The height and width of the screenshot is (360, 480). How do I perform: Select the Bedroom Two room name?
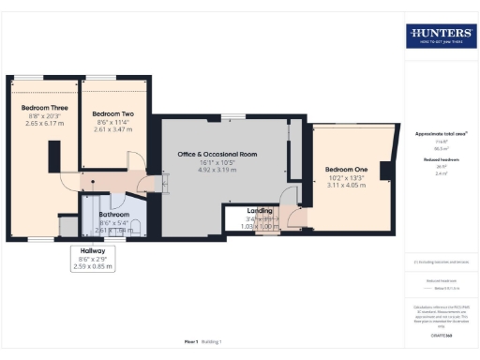(113, 112)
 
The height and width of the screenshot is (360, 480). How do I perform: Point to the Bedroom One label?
(346, 170)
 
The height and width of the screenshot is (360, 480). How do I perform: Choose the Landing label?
(260, 211)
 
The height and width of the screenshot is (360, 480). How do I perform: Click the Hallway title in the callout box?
(93, 251)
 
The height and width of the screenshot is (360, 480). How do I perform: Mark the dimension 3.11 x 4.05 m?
(346, 186)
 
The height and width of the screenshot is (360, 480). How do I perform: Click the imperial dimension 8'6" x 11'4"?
(113, 121)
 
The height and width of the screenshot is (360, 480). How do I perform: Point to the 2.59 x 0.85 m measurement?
(93, 267)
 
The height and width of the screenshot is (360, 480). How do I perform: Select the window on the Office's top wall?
(227, 115)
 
